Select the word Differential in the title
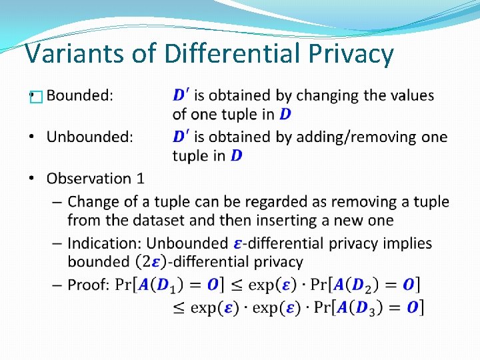[x=219, y=54]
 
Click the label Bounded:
[x=80, y=95]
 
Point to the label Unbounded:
[x=90, y=137]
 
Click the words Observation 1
[x=95, y=179]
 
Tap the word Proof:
[x=88, y=285]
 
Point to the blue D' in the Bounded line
[x=180, y=95]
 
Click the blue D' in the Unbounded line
[x=180, y=137]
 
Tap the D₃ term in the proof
[x=376, y=307]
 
